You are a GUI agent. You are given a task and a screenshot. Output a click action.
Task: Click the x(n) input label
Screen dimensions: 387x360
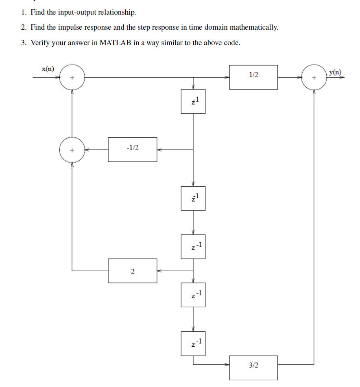[48, 69]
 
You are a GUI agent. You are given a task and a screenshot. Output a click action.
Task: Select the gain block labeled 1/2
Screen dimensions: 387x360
[253, 77]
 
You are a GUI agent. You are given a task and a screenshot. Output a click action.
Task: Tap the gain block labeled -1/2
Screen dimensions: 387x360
[132, 150]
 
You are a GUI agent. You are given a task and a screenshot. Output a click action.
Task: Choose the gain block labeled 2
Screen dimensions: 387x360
[132, 271]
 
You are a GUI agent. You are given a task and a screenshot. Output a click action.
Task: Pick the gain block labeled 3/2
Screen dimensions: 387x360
[253, 367]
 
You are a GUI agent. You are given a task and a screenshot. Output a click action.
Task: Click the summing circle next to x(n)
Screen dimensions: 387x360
[72, 77]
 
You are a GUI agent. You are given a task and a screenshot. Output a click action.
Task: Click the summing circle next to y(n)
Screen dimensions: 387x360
[314, 77]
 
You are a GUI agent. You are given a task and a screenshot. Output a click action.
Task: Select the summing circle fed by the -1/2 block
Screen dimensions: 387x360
[72, 150]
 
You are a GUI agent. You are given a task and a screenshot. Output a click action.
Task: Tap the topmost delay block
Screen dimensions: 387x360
[193, 101]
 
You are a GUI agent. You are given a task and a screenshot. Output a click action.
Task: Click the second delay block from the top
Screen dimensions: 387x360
[193, 198]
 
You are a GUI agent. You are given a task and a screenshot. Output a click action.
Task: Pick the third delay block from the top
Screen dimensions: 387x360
[193, 246]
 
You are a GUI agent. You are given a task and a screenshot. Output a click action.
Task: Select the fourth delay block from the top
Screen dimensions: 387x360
[193, 295]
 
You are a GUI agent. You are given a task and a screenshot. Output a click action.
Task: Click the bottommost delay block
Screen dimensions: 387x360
[193, 343]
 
